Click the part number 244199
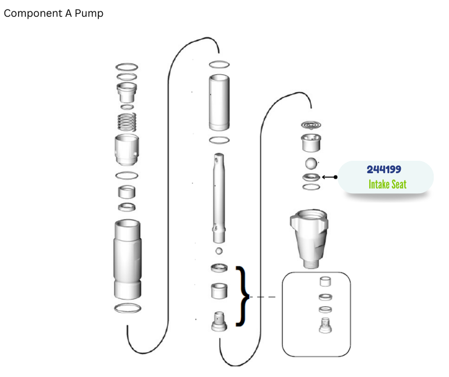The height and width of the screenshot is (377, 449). pyautogui.click(x=384, y=169)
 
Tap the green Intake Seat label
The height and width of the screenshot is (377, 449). pyautogui.click(x=387, y=184)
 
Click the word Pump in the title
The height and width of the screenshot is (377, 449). pyautogui.click(x=89, y=13)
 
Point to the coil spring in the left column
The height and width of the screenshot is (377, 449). pyautogui.click(x=127, y=122)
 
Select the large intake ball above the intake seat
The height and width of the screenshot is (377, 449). pyautogui.click(x=311, y=163)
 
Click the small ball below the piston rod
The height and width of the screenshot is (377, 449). pyautogui.click(x=219, y=251)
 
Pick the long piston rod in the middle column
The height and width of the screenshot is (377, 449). pyautogui.click(x=219, y=198)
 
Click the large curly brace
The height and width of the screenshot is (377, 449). pyautogui.click(x=243, y=297)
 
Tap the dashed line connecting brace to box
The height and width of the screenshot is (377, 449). pyautogui.click(x=263, y=297)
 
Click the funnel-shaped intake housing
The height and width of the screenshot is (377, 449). pyautogui.click(x=309, y=239)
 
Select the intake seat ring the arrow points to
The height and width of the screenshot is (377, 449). pyautogui.click(x=311, y=177)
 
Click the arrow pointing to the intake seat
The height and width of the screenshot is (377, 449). pyautogui.click(x=329, y=177)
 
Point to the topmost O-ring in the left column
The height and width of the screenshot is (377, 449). pyautogui.click(x=127, y=67)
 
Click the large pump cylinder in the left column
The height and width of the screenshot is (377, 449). pyautogui.click(x=127, y=260)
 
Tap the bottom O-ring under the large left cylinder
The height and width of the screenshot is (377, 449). pyautogui.click(x=127, y=308)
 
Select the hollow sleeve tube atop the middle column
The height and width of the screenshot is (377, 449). pyautogui.click(x=219, y=102)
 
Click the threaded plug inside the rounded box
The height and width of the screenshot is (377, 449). pyautogui.click(x=325, y=325)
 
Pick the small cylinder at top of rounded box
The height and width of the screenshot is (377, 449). pyautogui.click(x=325, y=281)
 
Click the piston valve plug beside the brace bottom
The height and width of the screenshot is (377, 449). pyautogui.click(x=219, y=321)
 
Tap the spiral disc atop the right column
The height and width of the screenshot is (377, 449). pyautogui.click(x=311, y=125)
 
